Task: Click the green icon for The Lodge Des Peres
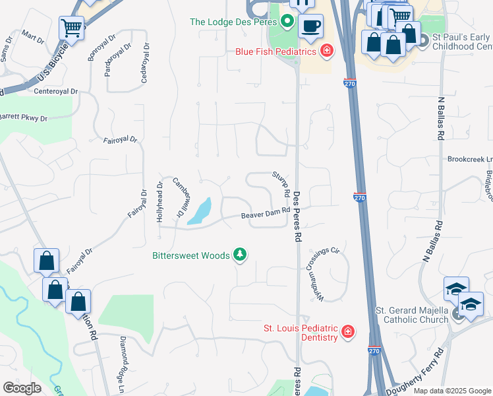coord(287,22)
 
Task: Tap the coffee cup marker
coord(310,26)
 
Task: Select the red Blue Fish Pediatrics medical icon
coord(326,51)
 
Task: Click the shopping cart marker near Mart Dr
coord(71,28)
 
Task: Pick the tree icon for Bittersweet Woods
coord(241,255)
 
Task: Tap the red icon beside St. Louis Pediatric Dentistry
coord(347,332)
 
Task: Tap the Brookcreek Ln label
coord(470,159)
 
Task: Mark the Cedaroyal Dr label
coord(144,63)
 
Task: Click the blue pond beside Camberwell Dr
coord(200,211)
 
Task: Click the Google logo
coord(22,388)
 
